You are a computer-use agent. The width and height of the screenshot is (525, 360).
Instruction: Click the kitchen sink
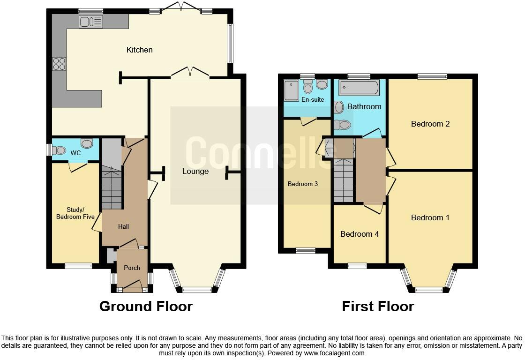[91, 22]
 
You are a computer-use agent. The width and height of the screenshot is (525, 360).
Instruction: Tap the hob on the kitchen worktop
[59, 64]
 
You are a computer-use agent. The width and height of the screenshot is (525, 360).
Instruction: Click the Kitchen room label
[139, 50]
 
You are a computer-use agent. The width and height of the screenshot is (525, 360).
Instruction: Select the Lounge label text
[195, 171]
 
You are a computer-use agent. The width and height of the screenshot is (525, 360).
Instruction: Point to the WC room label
[75, 153]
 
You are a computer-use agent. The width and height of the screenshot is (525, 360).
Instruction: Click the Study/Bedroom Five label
[75, 213]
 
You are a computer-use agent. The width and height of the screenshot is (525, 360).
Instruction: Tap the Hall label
[123, 226]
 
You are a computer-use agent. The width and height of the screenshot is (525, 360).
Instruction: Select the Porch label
[132, 268]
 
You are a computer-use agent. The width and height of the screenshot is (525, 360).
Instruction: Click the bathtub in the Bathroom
[360, 88]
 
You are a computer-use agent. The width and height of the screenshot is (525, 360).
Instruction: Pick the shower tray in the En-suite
[291, 91]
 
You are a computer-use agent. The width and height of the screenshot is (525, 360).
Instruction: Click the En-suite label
[313, 100]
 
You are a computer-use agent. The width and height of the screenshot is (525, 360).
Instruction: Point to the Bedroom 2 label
[430, 124]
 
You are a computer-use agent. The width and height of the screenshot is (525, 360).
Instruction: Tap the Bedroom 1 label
[430, 217]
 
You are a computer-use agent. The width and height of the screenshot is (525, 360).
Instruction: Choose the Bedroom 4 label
[360, 234]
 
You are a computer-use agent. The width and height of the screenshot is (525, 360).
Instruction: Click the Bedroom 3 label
[302, 184]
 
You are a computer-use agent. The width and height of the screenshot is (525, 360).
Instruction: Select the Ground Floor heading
[146, 307]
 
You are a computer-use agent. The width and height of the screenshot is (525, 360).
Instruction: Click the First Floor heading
[378, 307]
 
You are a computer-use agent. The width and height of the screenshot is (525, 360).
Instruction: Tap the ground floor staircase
[112, 189]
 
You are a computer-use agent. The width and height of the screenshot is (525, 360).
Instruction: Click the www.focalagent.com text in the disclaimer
[334, 353]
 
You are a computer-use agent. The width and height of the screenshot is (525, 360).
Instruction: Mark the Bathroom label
[364, 106]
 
